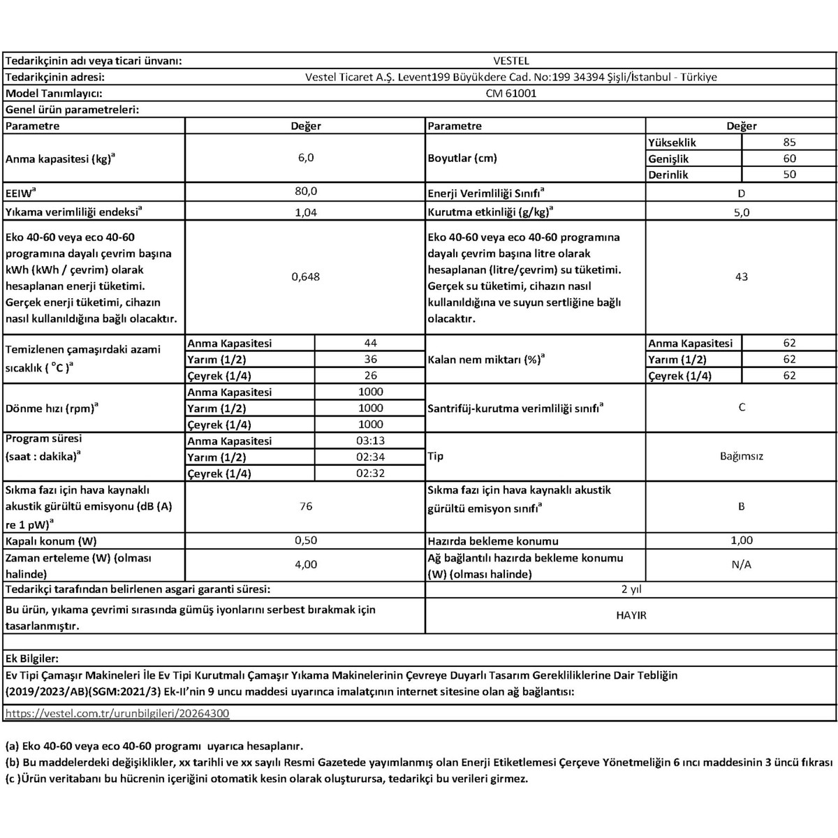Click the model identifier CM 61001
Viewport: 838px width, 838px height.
click(510, 93)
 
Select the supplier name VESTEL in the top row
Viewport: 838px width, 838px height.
click(510, 61)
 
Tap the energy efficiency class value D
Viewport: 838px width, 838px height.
click(741, 193)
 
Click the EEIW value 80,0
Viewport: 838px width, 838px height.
click(305, 191)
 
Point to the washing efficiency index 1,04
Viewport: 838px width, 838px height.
click(305, 212)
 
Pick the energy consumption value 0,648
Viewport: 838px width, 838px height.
click(305, 277)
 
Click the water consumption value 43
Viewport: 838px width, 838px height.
click(741, 277)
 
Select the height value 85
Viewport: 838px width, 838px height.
click(789, 142)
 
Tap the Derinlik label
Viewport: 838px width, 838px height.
click(668, 175)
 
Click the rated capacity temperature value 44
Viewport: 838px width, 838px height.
click(370, 342)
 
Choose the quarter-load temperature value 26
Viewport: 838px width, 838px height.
click(370, 375)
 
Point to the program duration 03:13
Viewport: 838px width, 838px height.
click(370, 441)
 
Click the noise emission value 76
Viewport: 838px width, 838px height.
click(305, 506)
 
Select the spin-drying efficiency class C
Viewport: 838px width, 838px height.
click(741, 407)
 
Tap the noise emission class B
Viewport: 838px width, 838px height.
click(741, 506)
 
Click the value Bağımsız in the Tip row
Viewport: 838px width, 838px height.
click(741, 456)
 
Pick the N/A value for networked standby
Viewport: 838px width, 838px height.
click(741, 564)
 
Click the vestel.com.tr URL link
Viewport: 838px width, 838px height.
click(117, 713)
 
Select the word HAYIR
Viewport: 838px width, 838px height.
click(631, 615)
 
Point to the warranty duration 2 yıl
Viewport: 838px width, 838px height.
click(631, 589)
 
